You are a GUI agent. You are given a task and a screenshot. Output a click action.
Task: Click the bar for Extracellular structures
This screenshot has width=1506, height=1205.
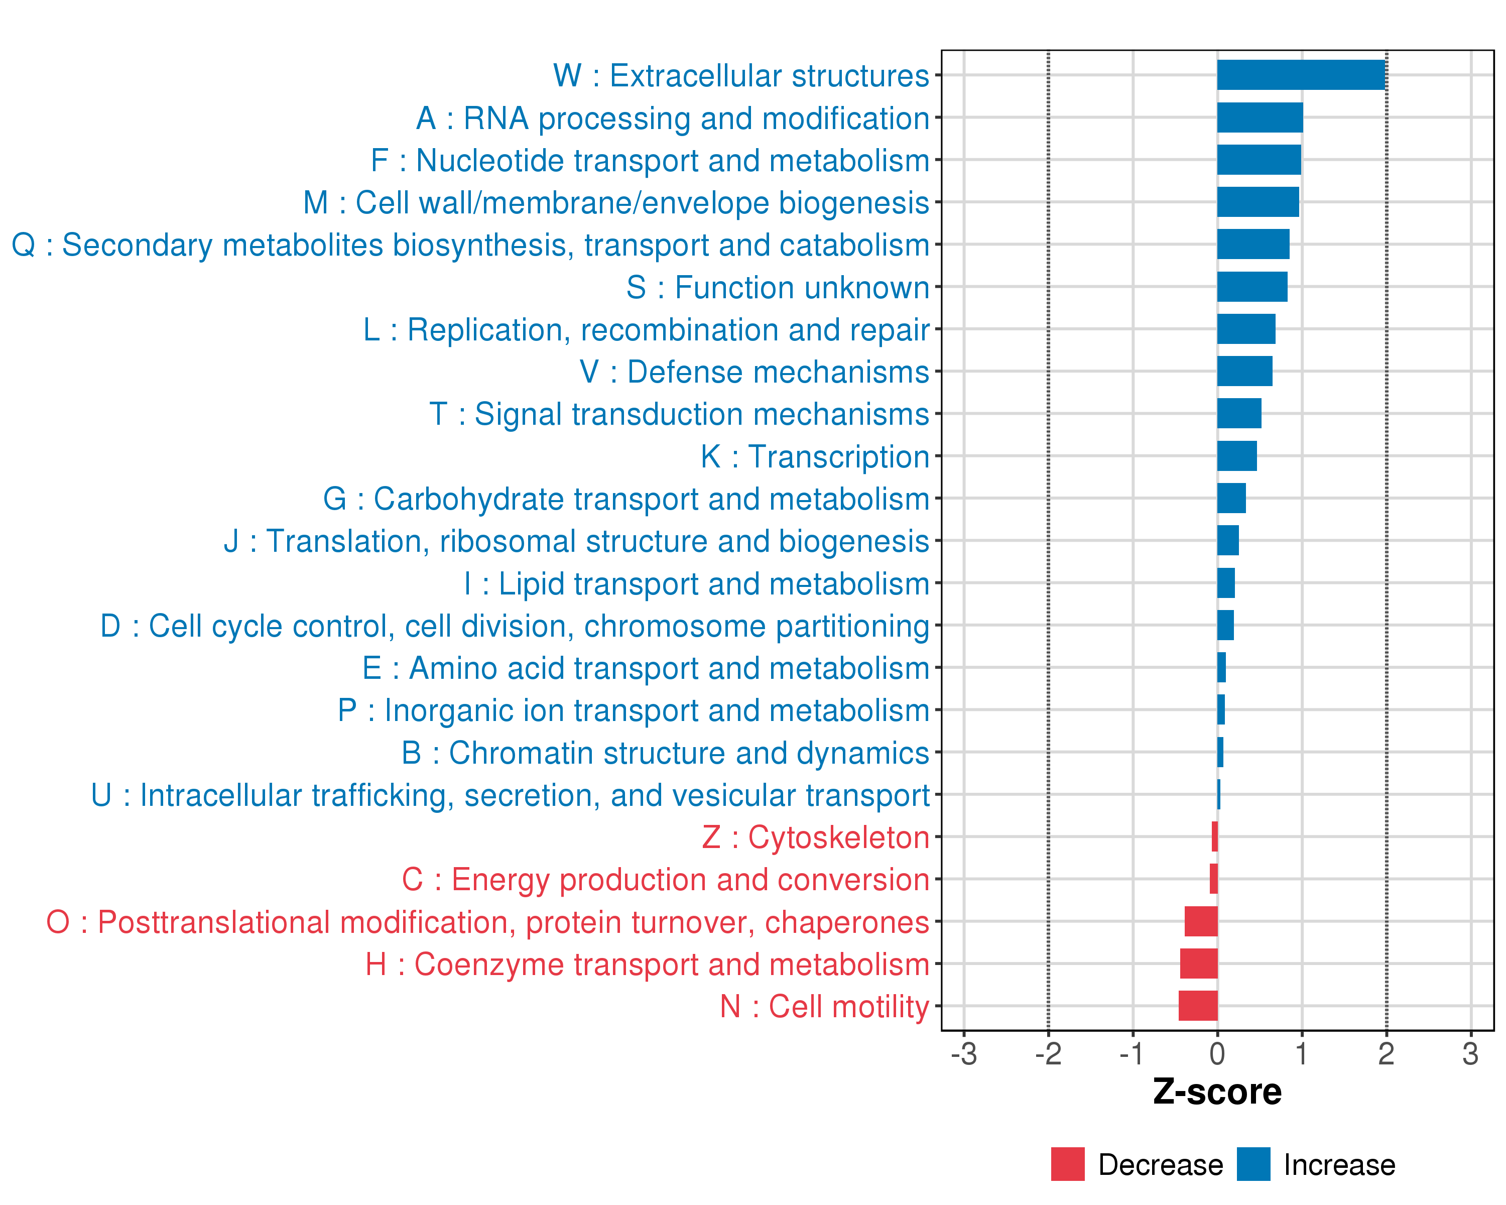click(x=1301, y=75)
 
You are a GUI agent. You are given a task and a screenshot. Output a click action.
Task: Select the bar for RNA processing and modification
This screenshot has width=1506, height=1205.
click(x=1260, y=117)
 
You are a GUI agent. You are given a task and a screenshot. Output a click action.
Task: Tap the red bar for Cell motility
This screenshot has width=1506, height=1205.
click(x=1198, y=1006)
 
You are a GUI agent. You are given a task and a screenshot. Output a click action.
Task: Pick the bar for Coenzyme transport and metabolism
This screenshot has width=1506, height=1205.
click(x=1199, y=963)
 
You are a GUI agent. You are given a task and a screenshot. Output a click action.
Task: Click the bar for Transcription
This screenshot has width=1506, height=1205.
click(x=1237, y=456)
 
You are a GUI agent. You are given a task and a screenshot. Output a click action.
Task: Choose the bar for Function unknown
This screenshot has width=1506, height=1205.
click(x=1252, y=286)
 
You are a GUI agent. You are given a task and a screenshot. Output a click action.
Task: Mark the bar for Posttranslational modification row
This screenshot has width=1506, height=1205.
click(x=1201, y=921)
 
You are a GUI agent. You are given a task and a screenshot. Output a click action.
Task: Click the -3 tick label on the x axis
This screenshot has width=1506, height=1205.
click(x=964, y=1054)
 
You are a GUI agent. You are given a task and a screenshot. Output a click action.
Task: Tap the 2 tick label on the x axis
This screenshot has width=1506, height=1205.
click(x=1386, y=1054)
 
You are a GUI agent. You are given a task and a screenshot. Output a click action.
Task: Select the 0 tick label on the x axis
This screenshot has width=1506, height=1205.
click(x=1217, y=1054)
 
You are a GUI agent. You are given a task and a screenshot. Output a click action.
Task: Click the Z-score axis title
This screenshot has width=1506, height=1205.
click(x=1217, y=1092)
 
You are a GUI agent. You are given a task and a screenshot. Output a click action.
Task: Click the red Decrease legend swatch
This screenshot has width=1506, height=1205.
click(x=1067, y=1164)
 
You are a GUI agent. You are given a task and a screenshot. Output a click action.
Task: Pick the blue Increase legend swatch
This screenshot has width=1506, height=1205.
click(x=1253, y=1164)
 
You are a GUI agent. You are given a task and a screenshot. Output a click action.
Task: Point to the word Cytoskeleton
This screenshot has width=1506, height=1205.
click(x=838, y=837)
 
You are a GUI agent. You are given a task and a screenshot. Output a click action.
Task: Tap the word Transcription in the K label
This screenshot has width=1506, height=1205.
click(x=838, y=457)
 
